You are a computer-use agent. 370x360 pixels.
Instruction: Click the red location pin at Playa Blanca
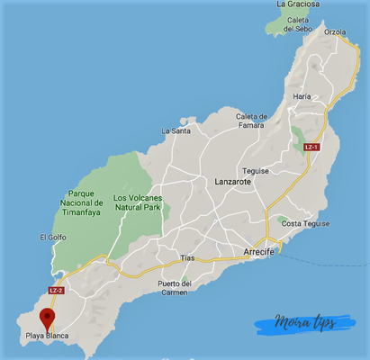click(47, 316)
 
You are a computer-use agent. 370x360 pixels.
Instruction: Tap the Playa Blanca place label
click(47, 336)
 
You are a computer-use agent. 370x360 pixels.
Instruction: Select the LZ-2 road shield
click(56, 291)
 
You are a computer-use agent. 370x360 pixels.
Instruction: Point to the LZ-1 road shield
click(311, 147)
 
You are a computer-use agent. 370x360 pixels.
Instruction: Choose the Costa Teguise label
click(304, 223)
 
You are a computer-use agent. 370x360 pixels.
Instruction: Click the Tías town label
click(187, 257)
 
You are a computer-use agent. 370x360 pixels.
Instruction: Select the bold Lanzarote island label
click(233, 181)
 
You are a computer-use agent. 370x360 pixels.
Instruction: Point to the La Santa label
click(176, 130)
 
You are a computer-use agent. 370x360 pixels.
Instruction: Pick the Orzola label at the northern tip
click(334, 31)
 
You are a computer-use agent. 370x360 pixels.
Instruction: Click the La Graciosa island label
click(298, 4)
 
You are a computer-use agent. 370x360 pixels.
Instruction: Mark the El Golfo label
click(53, 237)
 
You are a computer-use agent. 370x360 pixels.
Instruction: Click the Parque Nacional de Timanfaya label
click(86, 202)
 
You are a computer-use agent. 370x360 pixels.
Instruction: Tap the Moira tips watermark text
click(297, 323)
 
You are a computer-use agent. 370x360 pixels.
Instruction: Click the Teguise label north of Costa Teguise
click(257, 170)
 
